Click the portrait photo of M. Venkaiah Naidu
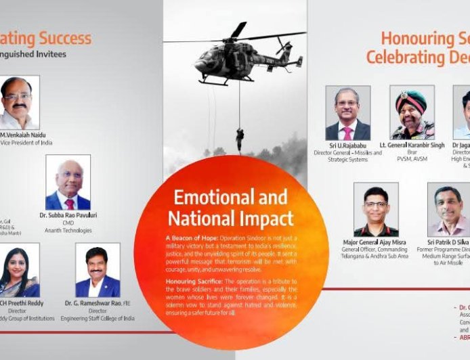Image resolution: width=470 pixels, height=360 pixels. click(18, 103)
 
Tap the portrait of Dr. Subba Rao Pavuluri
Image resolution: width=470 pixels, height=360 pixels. click(68, 183)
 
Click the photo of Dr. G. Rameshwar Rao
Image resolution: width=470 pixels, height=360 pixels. click(98, 271)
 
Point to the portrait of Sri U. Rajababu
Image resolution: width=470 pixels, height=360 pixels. click(347, 113)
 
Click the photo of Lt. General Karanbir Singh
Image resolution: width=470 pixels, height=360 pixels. click(412, 112)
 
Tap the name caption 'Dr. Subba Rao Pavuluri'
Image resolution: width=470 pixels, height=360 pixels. click(68, 215)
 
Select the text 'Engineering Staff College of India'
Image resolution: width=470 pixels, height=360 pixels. click(99, 318)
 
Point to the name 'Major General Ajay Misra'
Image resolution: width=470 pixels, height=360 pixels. click(375, 242)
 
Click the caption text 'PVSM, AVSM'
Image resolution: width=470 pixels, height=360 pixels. click(412, 160)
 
